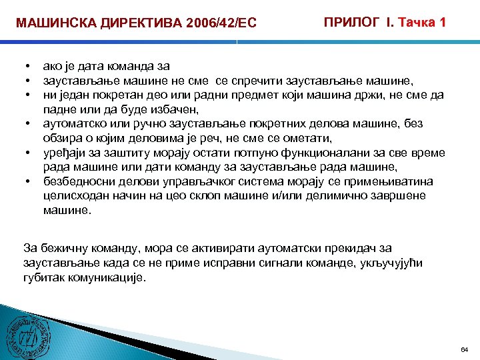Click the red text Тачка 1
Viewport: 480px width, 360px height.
coord(422,22)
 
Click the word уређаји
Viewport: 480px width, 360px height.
coord(63,153)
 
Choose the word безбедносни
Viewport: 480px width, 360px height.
coord(77,181)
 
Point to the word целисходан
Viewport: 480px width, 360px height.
coord(74,195)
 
